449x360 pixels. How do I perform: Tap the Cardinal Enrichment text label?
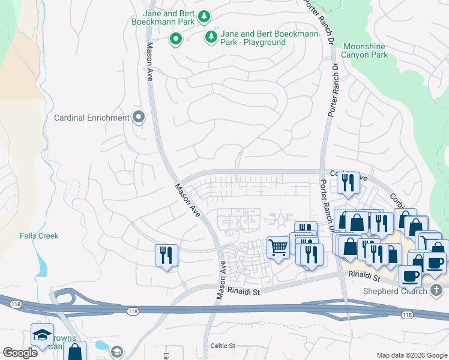tap(92, 118)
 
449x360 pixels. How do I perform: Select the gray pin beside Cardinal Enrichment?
tap(139, 118)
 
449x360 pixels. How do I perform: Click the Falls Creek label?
tap(39, 236)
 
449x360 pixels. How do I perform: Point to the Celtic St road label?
tap(223, 346)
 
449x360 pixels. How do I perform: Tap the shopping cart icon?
tap(277, 247)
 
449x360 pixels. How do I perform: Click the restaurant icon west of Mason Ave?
tap(166, 256)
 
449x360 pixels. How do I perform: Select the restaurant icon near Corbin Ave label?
tap(348, 182)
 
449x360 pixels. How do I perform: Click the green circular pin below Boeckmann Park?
tap(175, 40)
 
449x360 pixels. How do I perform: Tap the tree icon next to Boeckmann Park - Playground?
tap(211, 37)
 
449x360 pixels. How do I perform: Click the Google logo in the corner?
tap(20, 353)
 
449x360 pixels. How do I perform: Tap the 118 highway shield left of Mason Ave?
tap(133, 311)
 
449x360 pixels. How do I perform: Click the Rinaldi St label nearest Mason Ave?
tap(243, 291)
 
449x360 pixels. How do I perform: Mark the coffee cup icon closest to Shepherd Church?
tap(410, 276)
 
